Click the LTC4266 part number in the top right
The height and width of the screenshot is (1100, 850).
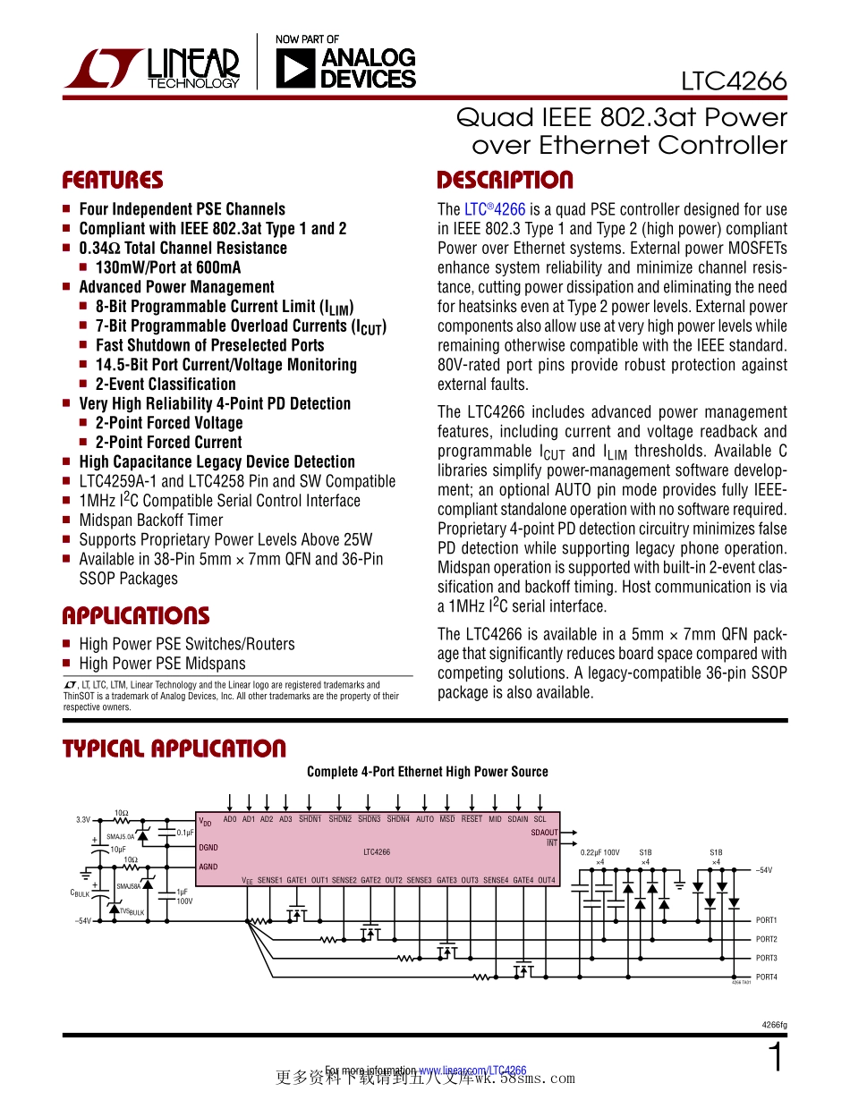click(x=733, y=81)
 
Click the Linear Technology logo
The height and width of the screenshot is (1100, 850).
click(x=152, y=68)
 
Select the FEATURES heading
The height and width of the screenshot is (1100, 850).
click(x=113, y=181)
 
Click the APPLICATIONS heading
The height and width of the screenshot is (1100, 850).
click(x=135, y=616)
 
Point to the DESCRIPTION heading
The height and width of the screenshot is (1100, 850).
click(x=505, y=181)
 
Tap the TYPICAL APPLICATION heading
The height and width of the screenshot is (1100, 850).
click(x=174, y=749)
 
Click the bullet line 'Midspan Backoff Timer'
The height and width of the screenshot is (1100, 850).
click(x=150, y=520)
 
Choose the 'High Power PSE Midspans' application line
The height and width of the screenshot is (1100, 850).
click(x=162, y=664)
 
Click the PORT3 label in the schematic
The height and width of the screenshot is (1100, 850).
click(x=766, y=958)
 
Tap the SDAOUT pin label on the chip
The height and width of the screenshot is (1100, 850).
click(x=544, y=833)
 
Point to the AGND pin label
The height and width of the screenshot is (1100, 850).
click(x=208, y=867)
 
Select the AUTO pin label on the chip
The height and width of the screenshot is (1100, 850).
click(x=425, y=819)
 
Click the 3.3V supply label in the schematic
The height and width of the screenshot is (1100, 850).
click(x=83, y=819)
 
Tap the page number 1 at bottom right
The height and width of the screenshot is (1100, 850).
click(x=777, y=1059)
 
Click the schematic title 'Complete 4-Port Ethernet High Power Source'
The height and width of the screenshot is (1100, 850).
click(x=427, y=772)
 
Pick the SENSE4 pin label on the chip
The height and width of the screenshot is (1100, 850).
click(x=496, y=880)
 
